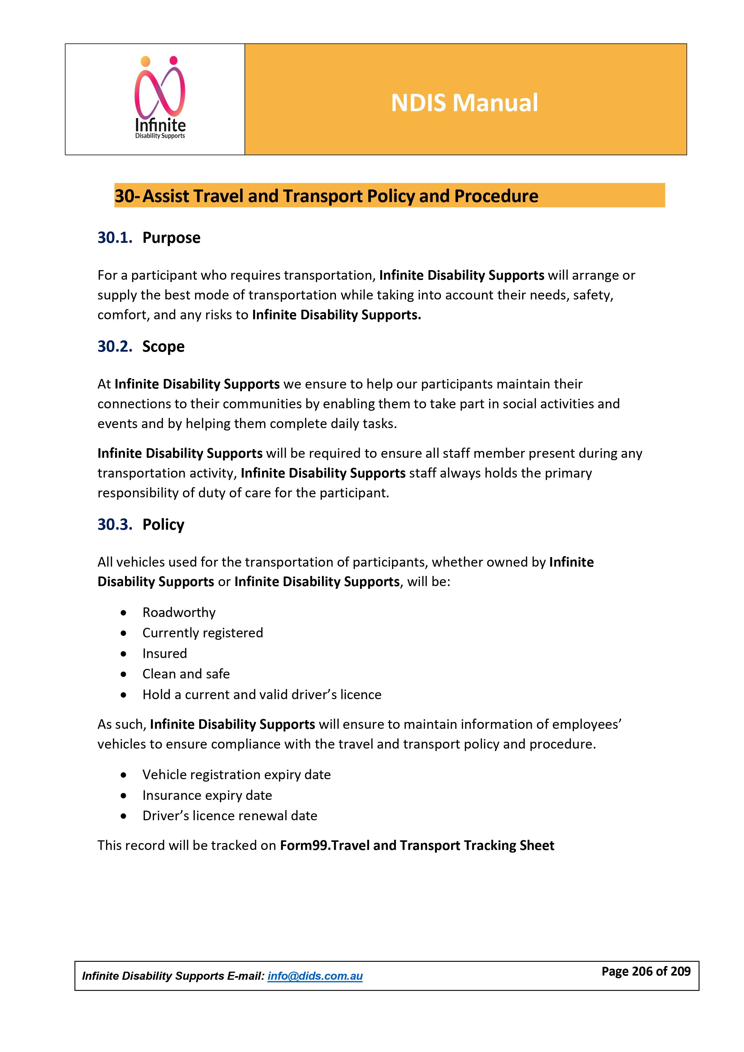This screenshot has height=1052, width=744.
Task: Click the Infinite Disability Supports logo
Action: [160, 98]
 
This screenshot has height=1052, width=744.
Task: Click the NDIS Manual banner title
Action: [464, 103]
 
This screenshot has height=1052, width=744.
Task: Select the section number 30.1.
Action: [115, 238]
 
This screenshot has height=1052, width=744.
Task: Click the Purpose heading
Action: [171, 238]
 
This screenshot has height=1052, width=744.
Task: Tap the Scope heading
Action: [163, 346]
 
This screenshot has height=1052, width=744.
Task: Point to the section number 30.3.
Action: [115, 524]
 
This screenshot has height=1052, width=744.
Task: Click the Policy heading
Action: [163, 524]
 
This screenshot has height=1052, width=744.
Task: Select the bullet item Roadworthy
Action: [179, 612]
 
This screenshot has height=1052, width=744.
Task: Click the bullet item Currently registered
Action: [203, 633]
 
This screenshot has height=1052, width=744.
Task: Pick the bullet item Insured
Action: [165, 653]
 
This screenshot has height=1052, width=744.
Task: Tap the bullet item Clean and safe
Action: [186, 674]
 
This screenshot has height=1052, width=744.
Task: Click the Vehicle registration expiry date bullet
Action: [237, 775]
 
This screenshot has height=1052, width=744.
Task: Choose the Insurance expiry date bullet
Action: [207, 795]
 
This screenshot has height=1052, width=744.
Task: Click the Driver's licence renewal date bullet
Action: [230, 815]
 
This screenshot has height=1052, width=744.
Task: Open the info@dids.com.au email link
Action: [315, 976]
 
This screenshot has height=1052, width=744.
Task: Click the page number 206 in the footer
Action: [642, 971]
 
